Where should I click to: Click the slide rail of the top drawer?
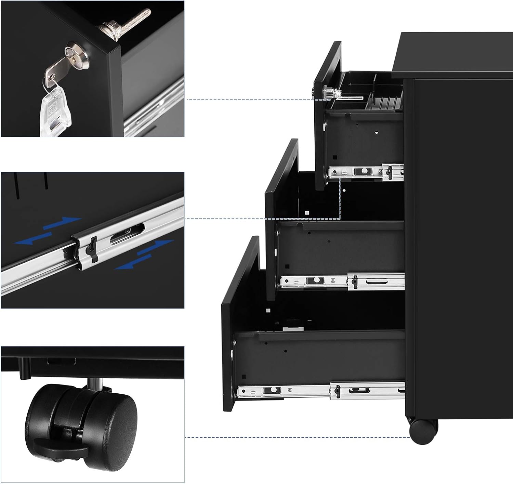[x=366, y=171]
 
